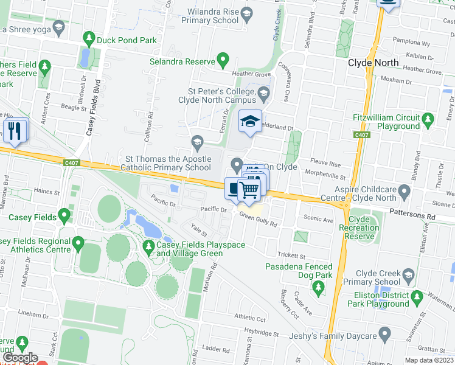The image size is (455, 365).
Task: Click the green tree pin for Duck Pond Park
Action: pyautogui.click(x=89, y=40)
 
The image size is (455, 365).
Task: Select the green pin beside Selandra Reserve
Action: pyautogui.click(x=223, y=61)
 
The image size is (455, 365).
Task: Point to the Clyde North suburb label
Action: pyautogui.click(x=373, y=63)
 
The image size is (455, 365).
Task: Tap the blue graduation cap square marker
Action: pyautogui.click(x=249, y=121)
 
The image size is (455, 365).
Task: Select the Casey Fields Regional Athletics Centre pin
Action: pyautogui.click(x=78, y=245)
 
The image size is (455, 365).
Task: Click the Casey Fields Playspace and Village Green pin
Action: pyautogui.click(x=148, y=247)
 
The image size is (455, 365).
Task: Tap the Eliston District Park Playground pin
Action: pyautogui.click(x=417, y=298)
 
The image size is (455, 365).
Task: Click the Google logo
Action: pyautogui.click(x=20, y=358)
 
